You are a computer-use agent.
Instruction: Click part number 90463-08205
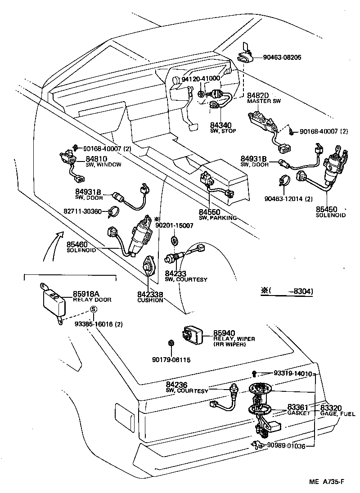point(276,58)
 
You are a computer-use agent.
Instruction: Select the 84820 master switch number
point(257,95)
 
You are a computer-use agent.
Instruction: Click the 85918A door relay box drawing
point(54,300)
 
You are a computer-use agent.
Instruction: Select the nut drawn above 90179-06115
point(171,344)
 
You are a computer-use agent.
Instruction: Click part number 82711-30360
point(89,210)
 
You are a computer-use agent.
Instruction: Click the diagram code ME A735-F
point(327,482)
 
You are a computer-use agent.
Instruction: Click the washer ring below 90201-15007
point(175,238)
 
